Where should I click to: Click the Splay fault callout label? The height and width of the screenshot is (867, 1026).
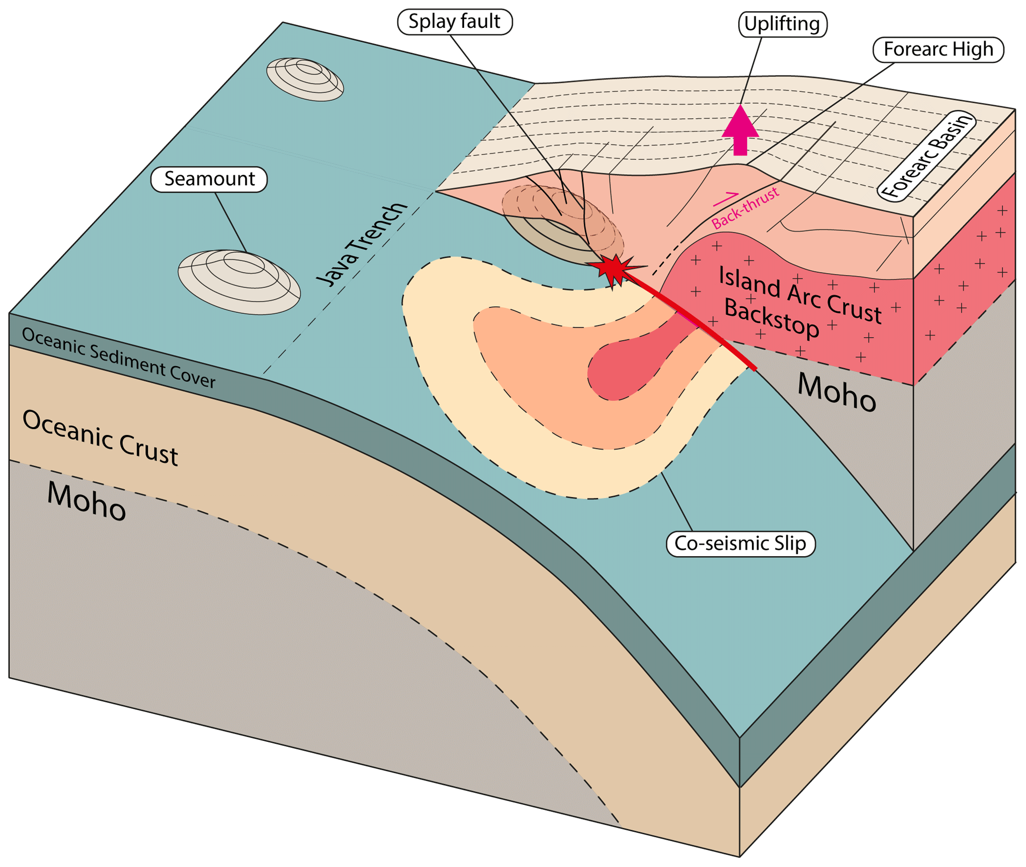pyautogui.click(x=454, y=22)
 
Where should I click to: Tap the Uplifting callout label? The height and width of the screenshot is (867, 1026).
pyautogui.click(x=782, y=24)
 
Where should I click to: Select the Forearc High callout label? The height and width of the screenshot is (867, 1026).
pyautogui.click(x=938, y=50)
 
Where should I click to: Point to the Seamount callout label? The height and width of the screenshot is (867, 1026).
pyautogui.click(x=209, y=179)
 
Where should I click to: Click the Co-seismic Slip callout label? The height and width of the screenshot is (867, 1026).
pyautogui.click(x=740, y=544)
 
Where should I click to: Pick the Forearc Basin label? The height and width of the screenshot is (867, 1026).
pyautogui.click(x=926, y=155)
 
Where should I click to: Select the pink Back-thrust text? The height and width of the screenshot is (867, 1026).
pyautogui.click(x=745, y=209)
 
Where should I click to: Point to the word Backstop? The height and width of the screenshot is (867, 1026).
pyautogui.click(x=771, y=318)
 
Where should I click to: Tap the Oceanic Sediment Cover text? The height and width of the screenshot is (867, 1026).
pyautogui.click(x=119, y=358)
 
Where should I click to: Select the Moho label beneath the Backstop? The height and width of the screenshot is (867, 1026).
pyautogui.click(x=836, y=393)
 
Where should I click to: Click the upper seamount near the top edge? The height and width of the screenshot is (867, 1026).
pyautogui.click(x=305, y=79)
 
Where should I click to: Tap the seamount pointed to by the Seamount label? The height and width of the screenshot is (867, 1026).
pyautogui.click(x=239, y=282)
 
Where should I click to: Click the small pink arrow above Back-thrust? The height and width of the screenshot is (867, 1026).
pyautogui.click(x=726, y=199)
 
